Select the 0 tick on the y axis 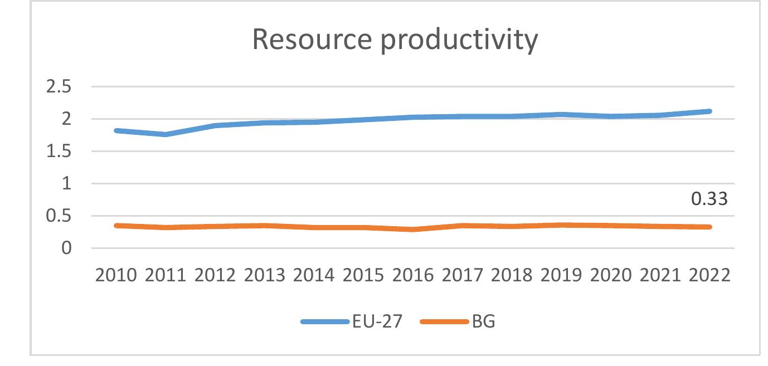[66, 248]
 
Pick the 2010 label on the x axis [115, 275]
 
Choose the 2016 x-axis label [413, 275]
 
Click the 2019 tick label [561, 275]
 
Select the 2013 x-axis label [264, 275]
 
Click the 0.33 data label [709, 199]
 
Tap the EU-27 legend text [377, 322]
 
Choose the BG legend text [483, 322]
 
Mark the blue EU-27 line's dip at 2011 [165, 134]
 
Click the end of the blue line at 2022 [710, 111]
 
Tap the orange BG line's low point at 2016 [413, 230]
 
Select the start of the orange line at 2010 [116, 226]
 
